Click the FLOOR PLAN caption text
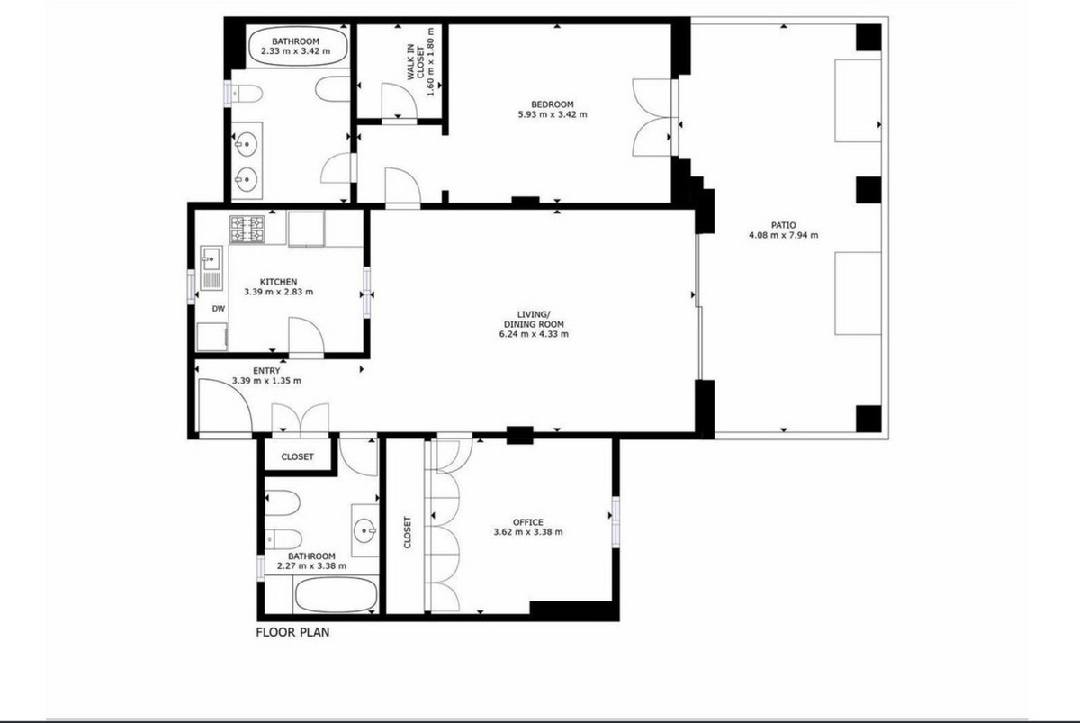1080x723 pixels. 292,632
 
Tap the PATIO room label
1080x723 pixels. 784,225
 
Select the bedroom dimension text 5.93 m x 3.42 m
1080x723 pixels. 553,114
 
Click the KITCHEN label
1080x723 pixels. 279,282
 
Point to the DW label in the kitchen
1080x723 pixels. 219,309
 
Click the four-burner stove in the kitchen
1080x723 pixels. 247,229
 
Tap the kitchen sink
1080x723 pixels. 211,267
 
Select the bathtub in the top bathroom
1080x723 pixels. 298,47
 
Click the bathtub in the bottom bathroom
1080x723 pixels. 336,595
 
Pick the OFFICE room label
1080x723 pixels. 528,522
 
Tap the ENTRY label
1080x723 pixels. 266,371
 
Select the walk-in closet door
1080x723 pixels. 399,100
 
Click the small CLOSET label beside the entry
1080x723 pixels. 298,456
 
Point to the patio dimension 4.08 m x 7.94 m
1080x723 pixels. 784,235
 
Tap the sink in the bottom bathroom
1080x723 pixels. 365,530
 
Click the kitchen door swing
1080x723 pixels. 306,335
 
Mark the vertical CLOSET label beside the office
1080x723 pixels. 408,532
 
